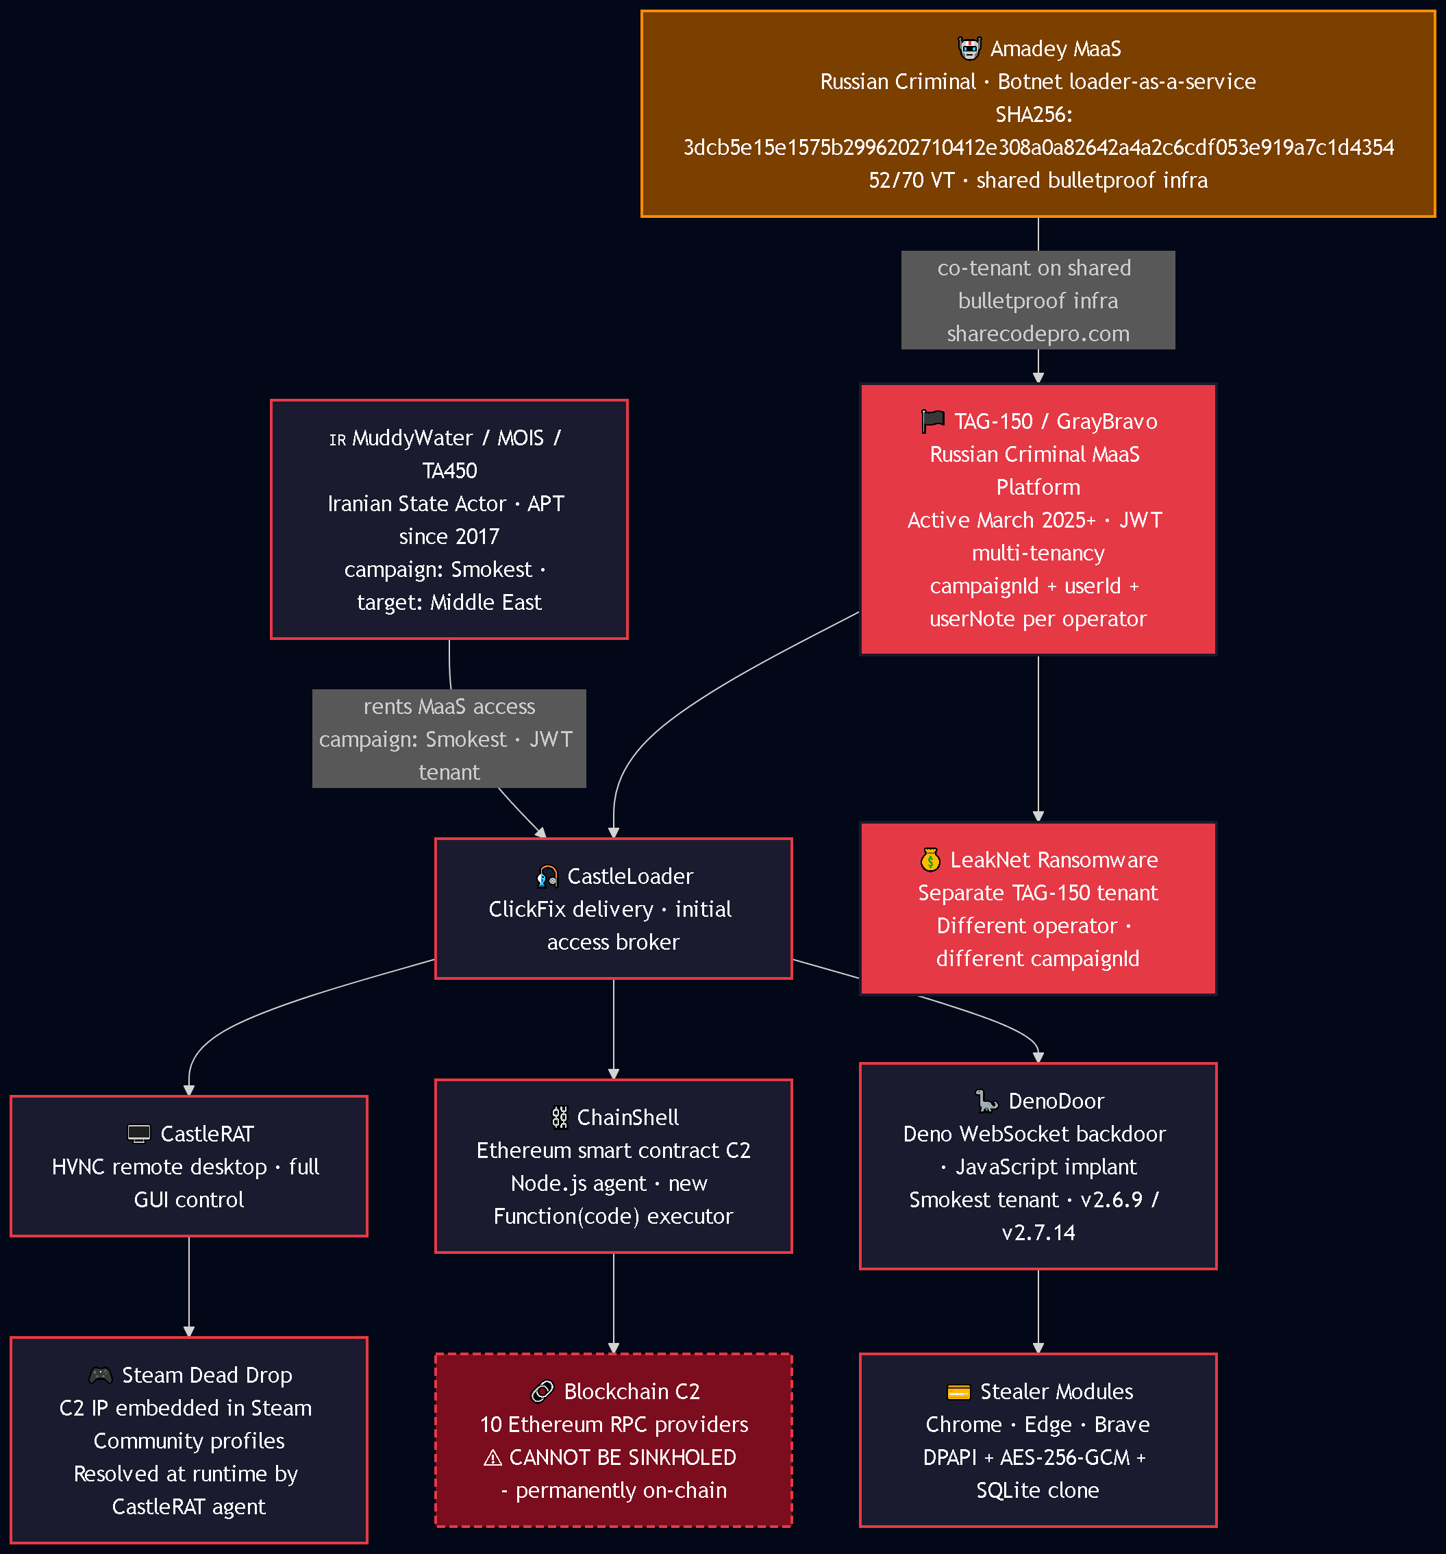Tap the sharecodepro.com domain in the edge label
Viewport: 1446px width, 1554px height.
(1038, 334)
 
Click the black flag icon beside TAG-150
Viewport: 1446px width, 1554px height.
(932, 421)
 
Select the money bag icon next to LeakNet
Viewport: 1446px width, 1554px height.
(930, 860)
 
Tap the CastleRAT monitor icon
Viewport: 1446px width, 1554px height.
(139, 1133)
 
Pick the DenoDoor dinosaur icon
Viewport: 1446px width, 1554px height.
(987, 1101)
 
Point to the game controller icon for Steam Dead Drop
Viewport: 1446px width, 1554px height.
(101, 1375)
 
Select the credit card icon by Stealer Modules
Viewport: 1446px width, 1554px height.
(958, 1392)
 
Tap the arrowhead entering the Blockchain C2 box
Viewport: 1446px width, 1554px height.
(614, 1348)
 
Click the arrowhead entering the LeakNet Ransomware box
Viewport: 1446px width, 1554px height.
(1038, 816)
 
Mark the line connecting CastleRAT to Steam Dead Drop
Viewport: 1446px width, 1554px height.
(189, 1287)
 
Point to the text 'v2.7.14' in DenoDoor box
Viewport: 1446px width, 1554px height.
(1038, 1233)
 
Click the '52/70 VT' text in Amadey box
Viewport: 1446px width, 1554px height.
(912, 181)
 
